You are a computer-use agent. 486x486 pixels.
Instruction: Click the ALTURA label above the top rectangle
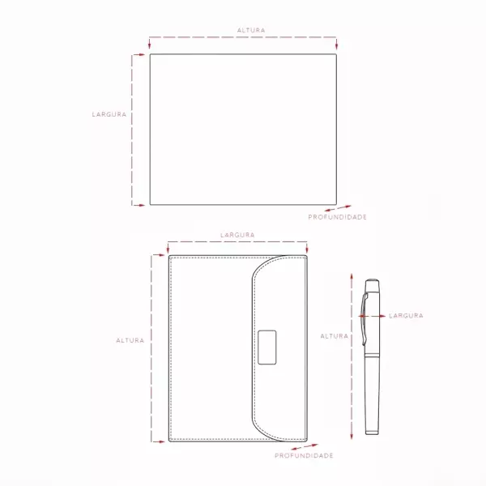pyautogui.click(x=251, y=31)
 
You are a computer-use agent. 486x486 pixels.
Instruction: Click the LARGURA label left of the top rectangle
pyautogui.click(x=109, y=114)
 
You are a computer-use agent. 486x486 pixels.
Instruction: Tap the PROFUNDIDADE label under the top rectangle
pyautogui.click(x=337, y=217)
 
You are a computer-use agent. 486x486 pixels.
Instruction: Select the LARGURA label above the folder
pyautogui.click(x=237, y=235)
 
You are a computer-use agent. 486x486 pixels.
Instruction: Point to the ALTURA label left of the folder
pyautogui.click(x=130, y=340)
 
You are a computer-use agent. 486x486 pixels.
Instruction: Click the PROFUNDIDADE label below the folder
pyautogui.click(x=304, y=455)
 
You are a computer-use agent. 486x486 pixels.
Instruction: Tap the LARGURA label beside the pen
pyautogui.click(x=406, y=316)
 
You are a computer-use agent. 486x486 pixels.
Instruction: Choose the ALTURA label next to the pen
pyautogui.click(x=334, y=336)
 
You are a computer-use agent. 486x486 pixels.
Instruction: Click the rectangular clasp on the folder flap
pyautogui.click(x=266, y=347)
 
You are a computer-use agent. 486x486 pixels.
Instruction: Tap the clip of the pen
pyautogui.click(x=364, y=319)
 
